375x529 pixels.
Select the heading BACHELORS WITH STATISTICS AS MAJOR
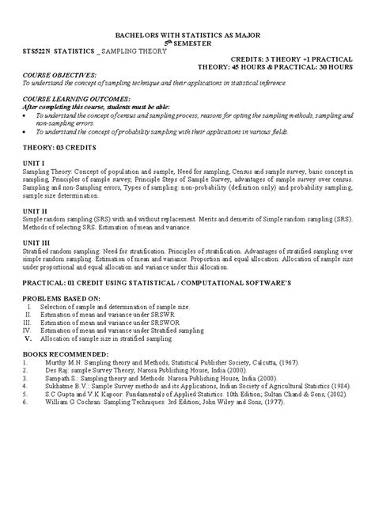187,36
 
